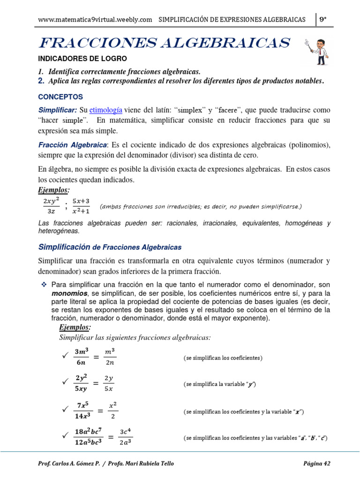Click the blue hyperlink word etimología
(x=106, y=110)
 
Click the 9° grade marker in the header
(x=322, y=19)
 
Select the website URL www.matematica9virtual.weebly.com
(x=95, y=19)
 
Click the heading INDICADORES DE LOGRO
(x=82, y=59)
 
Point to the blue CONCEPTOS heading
(x=60, y=97)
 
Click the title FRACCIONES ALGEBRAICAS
(x=164, y=43)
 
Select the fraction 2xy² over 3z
(x=51, y=206)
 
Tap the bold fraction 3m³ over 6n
(x=79, y=357)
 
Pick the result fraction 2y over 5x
(x=109, y=383)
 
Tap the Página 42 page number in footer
(x=317, y=464)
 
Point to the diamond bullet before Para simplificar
(x=45, y=285)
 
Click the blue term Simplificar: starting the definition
(x=58, y=110)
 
